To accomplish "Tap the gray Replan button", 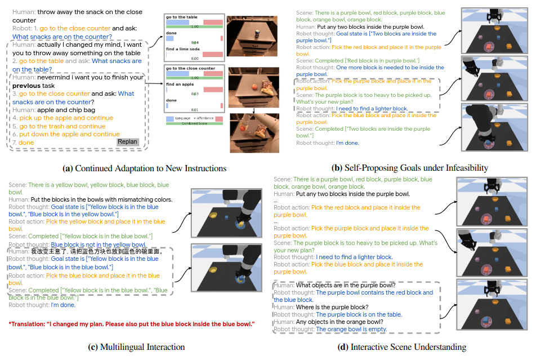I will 128,142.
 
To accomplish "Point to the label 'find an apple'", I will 179,84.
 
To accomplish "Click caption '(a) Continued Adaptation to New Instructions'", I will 146,168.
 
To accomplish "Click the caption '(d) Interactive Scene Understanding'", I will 401,346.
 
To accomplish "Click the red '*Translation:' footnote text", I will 132,324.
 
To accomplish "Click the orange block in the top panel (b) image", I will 509,47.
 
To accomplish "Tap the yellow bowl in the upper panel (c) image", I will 212,214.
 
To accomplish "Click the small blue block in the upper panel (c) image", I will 226,217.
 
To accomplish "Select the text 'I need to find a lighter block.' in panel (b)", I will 372,108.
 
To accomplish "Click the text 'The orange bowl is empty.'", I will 351,329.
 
